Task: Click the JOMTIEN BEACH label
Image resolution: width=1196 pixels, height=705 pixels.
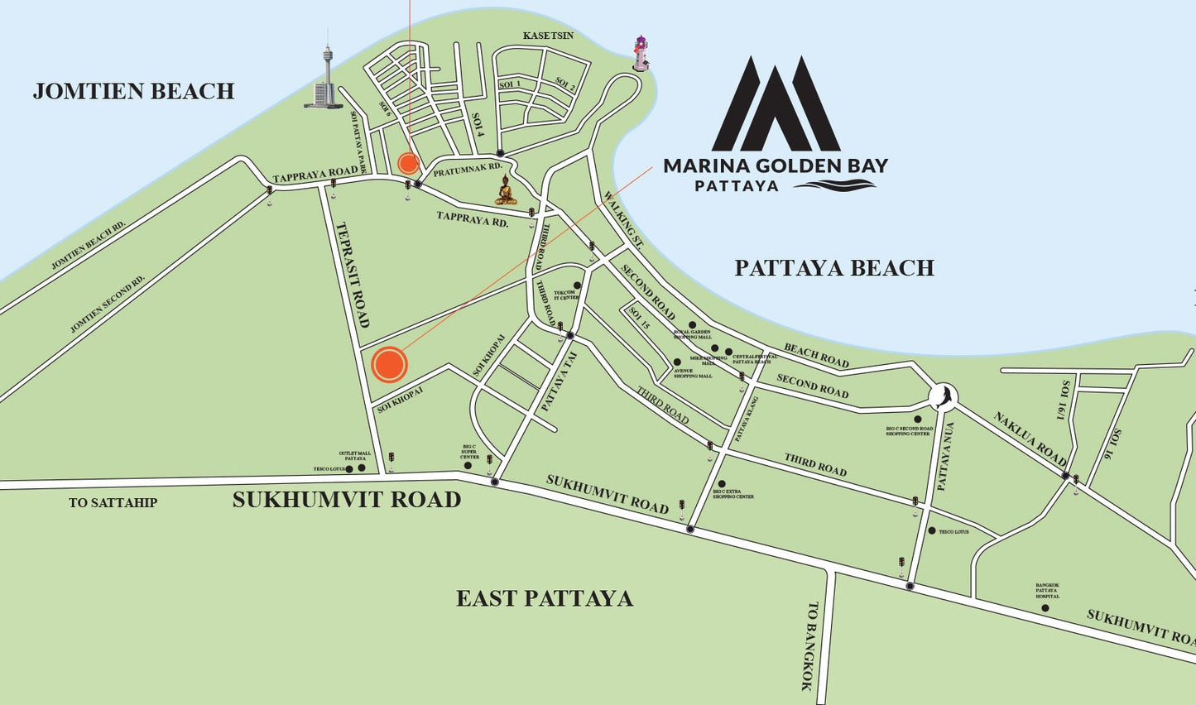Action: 133,91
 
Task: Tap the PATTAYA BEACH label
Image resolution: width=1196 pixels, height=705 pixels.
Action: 834,268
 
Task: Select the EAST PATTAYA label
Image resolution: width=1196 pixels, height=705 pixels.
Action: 545,598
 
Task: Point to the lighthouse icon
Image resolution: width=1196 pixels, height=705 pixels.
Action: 640,54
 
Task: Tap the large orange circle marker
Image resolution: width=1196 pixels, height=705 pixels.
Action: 389,364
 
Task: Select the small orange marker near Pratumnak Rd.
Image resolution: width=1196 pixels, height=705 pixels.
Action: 408,163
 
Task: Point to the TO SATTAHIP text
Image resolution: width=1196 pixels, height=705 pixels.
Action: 113,502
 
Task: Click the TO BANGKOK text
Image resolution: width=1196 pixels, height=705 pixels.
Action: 809,645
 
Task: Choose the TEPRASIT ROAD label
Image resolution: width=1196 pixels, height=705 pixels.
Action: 353,274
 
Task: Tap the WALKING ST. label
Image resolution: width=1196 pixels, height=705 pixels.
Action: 624,219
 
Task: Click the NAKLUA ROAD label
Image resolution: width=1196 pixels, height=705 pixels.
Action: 1030,438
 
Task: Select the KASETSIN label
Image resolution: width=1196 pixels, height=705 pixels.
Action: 548,36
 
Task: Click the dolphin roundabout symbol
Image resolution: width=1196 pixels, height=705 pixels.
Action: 942,396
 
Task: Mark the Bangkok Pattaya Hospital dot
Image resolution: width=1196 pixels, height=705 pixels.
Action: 1045,608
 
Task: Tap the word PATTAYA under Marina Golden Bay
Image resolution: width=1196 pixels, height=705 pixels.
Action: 737,186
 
